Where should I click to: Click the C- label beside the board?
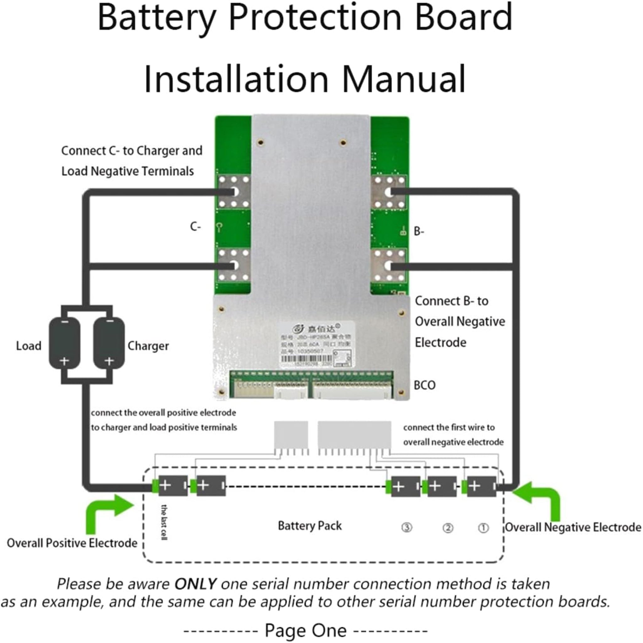pos(195,227)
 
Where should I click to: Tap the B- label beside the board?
pos(419,231)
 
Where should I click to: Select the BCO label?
pos(424,385)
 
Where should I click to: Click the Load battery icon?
pos(65,343)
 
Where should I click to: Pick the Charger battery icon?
pos(109,343)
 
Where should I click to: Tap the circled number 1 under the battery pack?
pos(483,528)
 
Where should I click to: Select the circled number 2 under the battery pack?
pos(448,528)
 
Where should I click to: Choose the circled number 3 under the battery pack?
pos(406,527)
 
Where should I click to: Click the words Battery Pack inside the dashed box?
pos(310,526)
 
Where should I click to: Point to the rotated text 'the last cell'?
pos(164,522)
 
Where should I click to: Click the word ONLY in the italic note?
pos(196,584)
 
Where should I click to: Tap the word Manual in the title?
pos(403,79)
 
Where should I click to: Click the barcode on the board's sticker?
pos(306,359)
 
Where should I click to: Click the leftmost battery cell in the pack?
pos(172,486)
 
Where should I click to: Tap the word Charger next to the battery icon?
pos(148,346)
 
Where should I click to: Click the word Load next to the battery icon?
pos(29,346)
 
